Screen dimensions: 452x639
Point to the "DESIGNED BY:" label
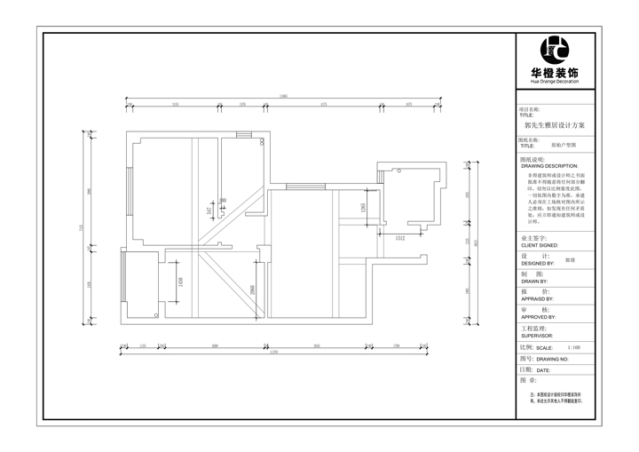(x=538, y=264)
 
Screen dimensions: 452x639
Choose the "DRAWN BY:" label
(x=535, y=282)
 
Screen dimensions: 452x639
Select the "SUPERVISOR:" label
(x=537, y=336)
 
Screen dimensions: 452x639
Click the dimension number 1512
(x=400, y=238)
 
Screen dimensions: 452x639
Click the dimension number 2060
(x=253, y=289)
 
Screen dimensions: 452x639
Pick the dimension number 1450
(x=181, y=282)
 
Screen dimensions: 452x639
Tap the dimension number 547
(x=209, y=211)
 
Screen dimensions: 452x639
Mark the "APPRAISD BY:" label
(x=538, y=298)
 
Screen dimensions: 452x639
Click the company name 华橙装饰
(x=560, y=72)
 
